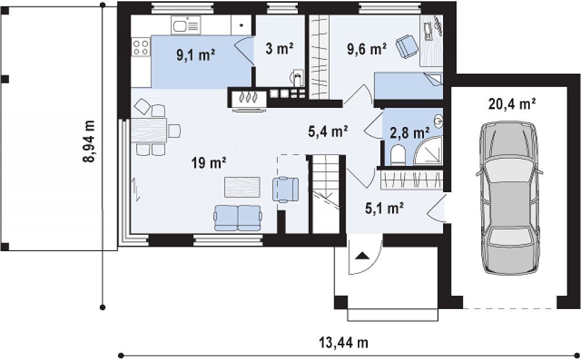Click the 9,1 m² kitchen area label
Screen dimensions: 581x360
coord(196,55)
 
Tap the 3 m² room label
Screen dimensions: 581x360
coord(280,48)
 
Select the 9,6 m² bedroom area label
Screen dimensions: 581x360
coord(367,49)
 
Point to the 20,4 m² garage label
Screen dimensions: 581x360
coord(512,104)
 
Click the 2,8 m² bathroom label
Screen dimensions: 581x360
coord(410,132)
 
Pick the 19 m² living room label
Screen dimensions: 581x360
coord(209,162)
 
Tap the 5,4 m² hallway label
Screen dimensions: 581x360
coord(328,131)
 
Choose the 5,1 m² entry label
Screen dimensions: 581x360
coord(384,209)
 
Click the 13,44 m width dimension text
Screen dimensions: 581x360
coord(344,342)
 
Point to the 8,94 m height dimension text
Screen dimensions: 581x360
coord(89,141)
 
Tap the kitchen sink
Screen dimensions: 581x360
coord(186,25)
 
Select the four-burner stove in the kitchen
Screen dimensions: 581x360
coord(141,48)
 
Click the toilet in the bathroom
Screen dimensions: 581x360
coord(398,154)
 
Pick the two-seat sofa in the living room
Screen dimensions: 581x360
coord(238,218)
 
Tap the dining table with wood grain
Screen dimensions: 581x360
coord(148,130)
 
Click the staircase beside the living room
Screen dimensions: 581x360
coord(326,194)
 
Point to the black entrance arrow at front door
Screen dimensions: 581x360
coord(361,256)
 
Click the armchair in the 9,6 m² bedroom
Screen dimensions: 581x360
coord(406,46)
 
